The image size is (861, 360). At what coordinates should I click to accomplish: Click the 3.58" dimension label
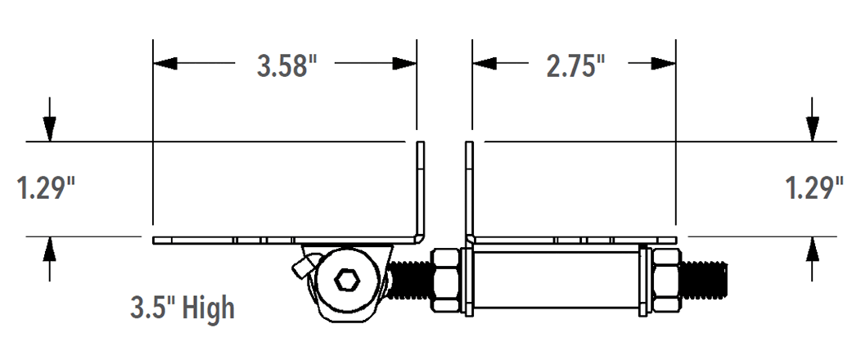[286, 66]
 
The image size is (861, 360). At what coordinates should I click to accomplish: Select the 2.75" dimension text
[575, 66]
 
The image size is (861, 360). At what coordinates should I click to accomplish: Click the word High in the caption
[208, 308]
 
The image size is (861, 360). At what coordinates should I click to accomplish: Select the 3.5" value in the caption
[152, 308]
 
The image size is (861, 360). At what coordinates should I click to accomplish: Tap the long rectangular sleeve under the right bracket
[556, 281]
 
